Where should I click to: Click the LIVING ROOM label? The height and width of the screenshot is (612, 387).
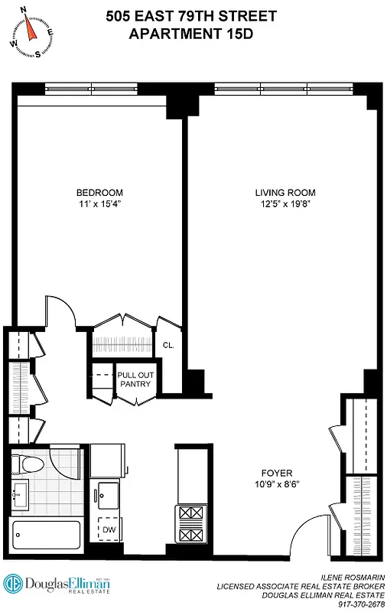point(285,192)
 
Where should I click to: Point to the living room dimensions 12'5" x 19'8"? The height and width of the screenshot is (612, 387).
point(285,203)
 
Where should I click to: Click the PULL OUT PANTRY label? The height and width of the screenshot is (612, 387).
point(134,380)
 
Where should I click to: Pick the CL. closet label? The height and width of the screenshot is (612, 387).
point(168,345)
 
